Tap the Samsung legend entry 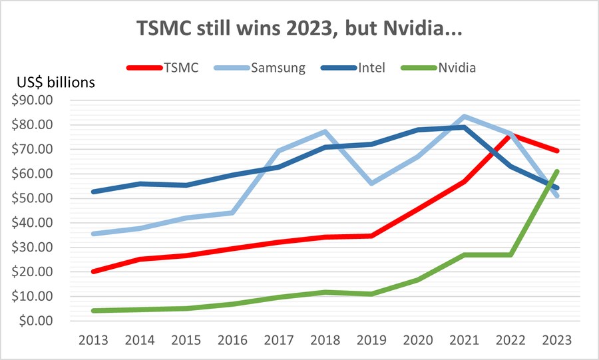(276, 67)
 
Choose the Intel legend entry (371, 67)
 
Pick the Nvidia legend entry (457, 67)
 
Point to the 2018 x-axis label (324, 339)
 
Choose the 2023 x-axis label (556, 339)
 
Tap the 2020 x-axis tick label (417, 339)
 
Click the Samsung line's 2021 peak (463, 116)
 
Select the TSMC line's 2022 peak (510, 134)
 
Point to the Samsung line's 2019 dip (371, 183)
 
